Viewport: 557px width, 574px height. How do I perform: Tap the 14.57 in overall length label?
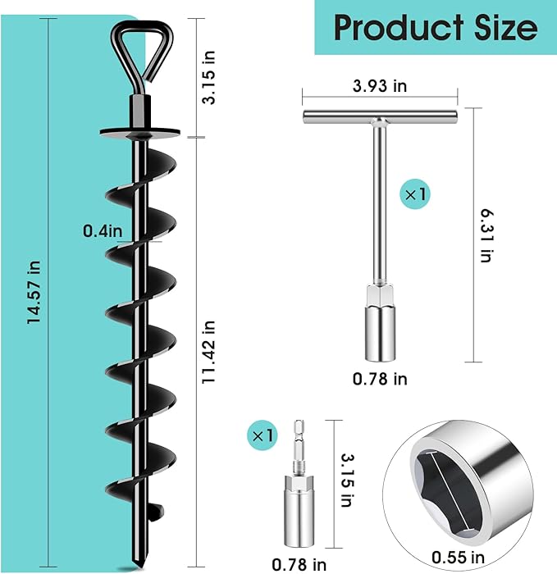click(x=34, y=293)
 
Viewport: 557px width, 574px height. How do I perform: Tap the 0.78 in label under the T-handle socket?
click(x=379, y=379)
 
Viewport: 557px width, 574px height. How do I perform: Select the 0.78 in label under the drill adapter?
click(x=299, y=563)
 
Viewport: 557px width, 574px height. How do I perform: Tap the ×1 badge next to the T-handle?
click(x=414, y=195)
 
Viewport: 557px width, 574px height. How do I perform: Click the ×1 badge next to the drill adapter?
click(x=263, y=432)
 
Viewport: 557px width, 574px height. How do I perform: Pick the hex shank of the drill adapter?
click(x=297, y=444)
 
